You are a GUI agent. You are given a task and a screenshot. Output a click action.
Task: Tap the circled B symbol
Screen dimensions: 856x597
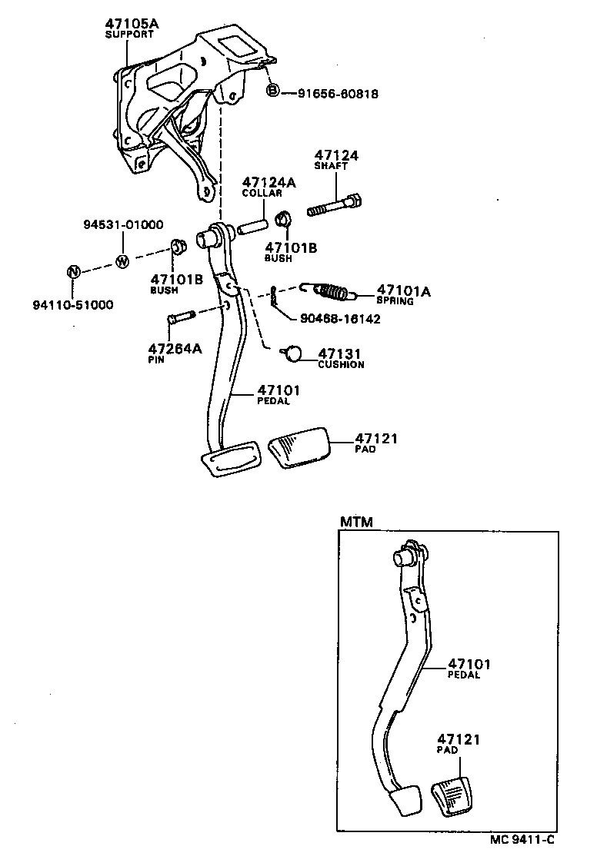pos(272,92)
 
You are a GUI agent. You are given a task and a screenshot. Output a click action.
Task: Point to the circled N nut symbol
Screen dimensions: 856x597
pos(72,272)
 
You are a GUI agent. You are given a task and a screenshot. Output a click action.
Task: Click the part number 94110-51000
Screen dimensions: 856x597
pos(72,305)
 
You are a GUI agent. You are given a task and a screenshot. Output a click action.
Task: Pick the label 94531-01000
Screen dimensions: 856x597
pos(123,225)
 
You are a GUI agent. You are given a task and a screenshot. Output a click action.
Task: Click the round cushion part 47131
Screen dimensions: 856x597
pos(292,353)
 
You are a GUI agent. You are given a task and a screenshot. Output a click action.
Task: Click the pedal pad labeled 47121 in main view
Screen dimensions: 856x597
pos(298,448)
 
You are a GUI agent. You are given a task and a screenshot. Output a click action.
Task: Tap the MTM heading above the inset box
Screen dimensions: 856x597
pos(355,523)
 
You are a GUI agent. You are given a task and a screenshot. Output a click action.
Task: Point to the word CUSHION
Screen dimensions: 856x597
pos(341,365)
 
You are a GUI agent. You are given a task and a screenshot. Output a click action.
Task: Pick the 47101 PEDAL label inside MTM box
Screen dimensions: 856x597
pos(469,669)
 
